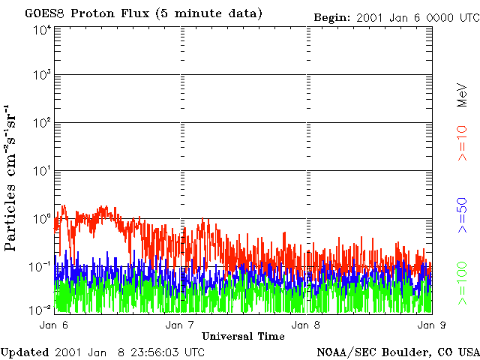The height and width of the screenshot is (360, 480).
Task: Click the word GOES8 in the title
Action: (42, 13)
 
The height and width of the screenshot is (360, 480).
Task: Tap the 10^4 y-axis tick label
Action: (42, 30)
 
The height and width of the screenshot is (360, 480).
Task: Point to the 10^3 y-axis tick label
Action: (42, 76)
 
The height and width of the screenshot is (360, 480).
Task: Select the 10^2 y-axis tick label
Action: (42, 123)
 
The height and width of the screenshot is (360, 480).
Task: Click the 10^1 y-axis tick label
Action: (42, 171)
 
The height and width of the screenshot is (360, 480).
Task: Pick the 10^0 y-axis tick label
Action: (42, 219)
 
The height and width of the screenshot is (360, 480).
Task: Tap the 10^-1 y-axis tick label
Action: (40, 267)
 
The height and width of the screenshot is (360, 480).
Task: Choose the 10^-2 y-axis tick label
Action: (40, 309)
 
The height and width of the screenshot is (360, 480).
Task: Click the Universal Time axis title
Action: (243, 336)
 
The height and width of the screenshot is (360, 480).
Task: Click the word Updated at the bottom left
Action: (25, 352)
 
